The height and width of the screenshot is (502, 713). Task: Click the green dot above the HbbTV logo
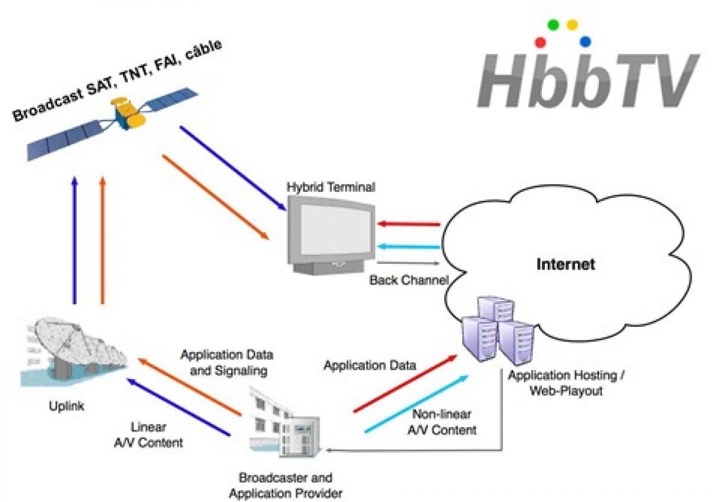point(553,25)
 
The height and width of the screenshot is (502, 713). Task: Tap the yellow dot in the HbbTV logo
point(572,25)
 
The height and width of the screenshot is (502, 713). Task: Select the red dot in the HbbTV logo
point(541,42)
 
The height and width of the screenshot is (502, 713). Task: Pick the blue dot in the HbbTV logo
point(585,42)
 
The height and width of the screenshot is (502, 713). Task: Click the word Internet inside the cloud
point(565,264)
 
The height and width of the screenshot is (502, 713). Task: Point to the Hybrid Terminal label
point(331,187)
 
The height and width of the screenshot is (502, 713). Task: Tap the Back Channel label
point(408,279)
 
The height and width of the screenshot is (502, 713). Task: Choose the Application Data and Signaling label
point(227,362)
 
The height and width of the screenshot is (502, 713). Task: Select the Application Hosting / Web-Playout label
point(567,384)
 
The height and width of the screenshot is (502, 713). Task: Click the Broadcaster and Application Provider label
point(286,485)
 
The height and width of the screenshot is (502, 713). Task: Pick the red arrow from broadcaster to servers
point(404,384)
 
